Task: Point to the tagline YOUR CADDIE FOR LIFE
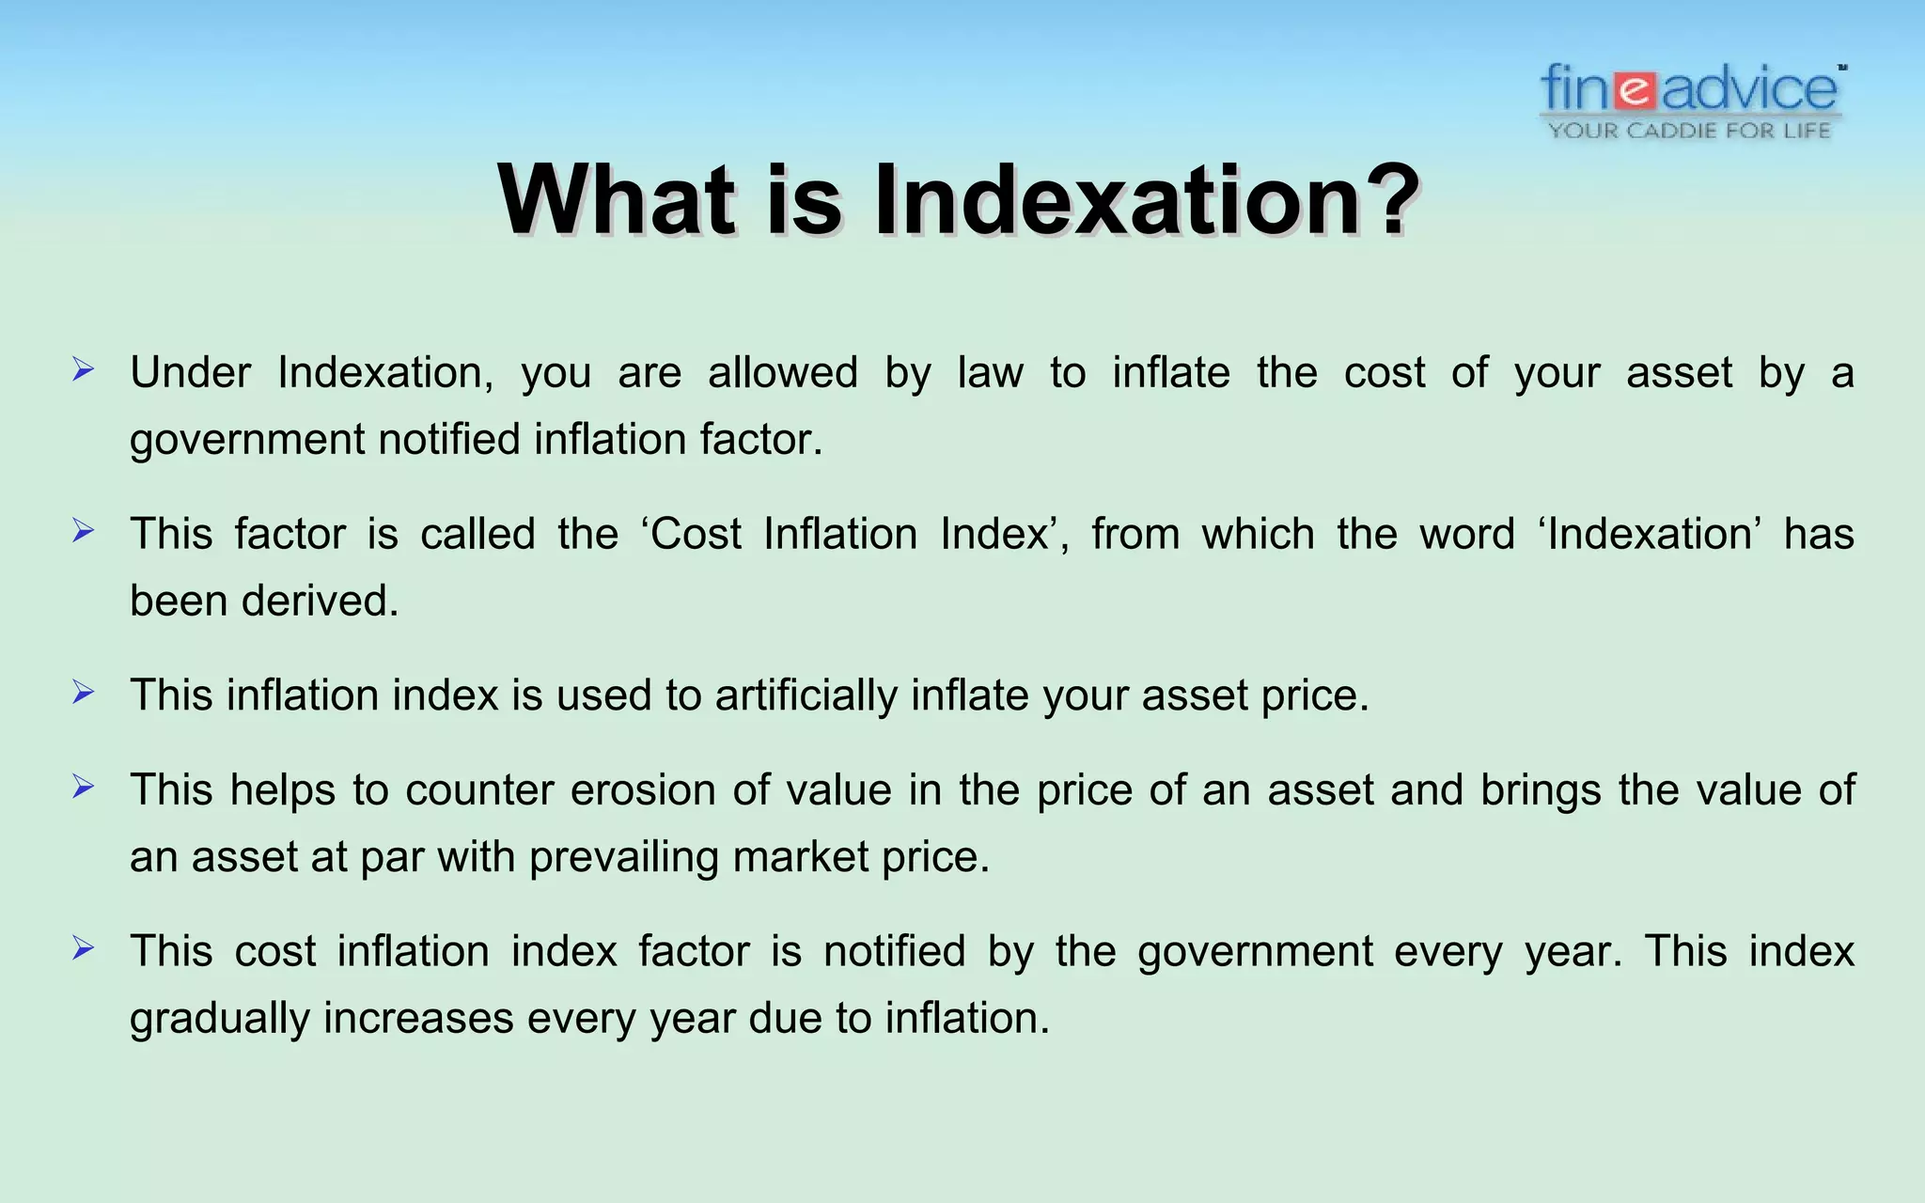(1690, 131)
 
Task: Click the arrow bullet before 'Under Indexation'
(84, 370)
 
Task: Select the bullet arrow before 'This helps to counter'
(84, 787)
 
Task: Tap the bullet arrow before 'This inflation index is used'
(84, 693)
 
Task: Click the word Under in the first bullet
(190, 373)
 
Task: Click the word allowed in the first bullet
(782, 373)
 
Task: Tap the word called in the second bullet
(477, 535)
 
